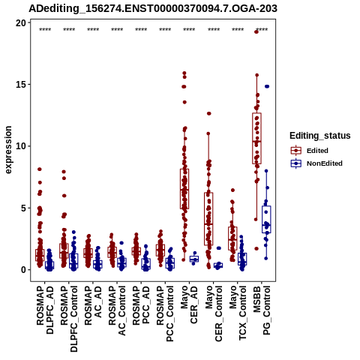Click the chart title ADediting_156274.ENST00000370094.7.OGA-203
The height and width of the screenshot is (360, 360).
(x=153, y=9)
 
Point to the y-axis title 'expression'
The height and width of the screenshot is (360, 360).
(x=8, y=150)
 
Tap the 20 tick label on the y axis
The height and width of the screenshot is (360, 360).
(x=21, y=23)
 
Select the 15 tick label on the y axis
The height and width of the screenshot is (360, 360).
(x=21, y=85)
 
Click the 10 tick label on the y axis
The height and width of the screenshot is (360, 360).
(x=21, y=146)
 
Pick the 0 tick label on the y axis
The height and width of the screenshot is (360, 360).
(x=24, y=270)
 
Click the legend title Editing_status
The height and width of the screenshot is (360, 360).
(x=320, y=136)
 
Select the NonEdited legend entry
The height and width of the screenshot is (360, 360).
(x=316, y=163)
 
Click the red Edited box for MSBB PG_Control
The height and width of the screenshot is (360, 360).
(x=256, y=139)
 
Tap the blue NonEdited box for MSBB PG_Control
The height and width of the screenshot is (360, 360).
(x=266, y=220)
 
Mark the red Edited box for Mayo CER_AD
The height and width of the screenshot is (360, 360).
(x=184, y=189)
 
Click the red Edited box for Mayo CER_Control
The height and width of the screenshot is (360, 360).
(x=208, y=219)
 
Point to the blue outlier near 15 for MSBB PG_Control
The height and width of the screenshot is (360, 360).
(x=267, y=86)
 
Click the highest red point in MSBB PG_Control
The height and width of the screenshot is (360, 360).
(x=256, y=32)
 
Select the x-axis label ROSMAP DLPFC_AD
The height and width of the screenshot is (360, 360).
(x=45, y=310)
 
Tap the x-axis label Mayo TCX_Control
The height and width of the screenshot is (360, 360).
(x=238, y=313)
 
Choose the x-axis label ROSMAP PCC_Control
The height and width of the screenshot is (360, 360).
(x=165, y=313)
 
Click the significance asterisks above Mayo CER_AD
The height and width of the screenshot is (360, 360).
(x=189, y=30)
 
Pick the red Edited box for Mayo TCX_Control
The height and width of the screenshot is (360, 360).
(x=232, y=238)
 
